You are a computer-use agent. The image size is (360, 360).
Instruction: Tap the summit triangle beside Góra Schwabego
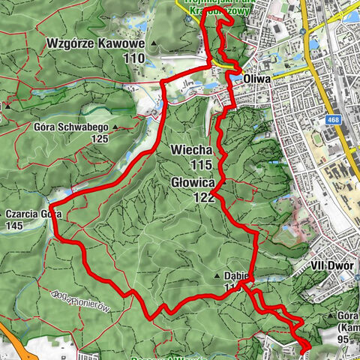pos(115,127)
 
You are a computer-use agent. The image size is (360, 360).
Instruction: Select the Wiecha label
pos(192,151)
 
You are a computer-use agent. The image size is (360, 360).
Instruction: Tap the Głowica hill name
pos(192,182)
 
